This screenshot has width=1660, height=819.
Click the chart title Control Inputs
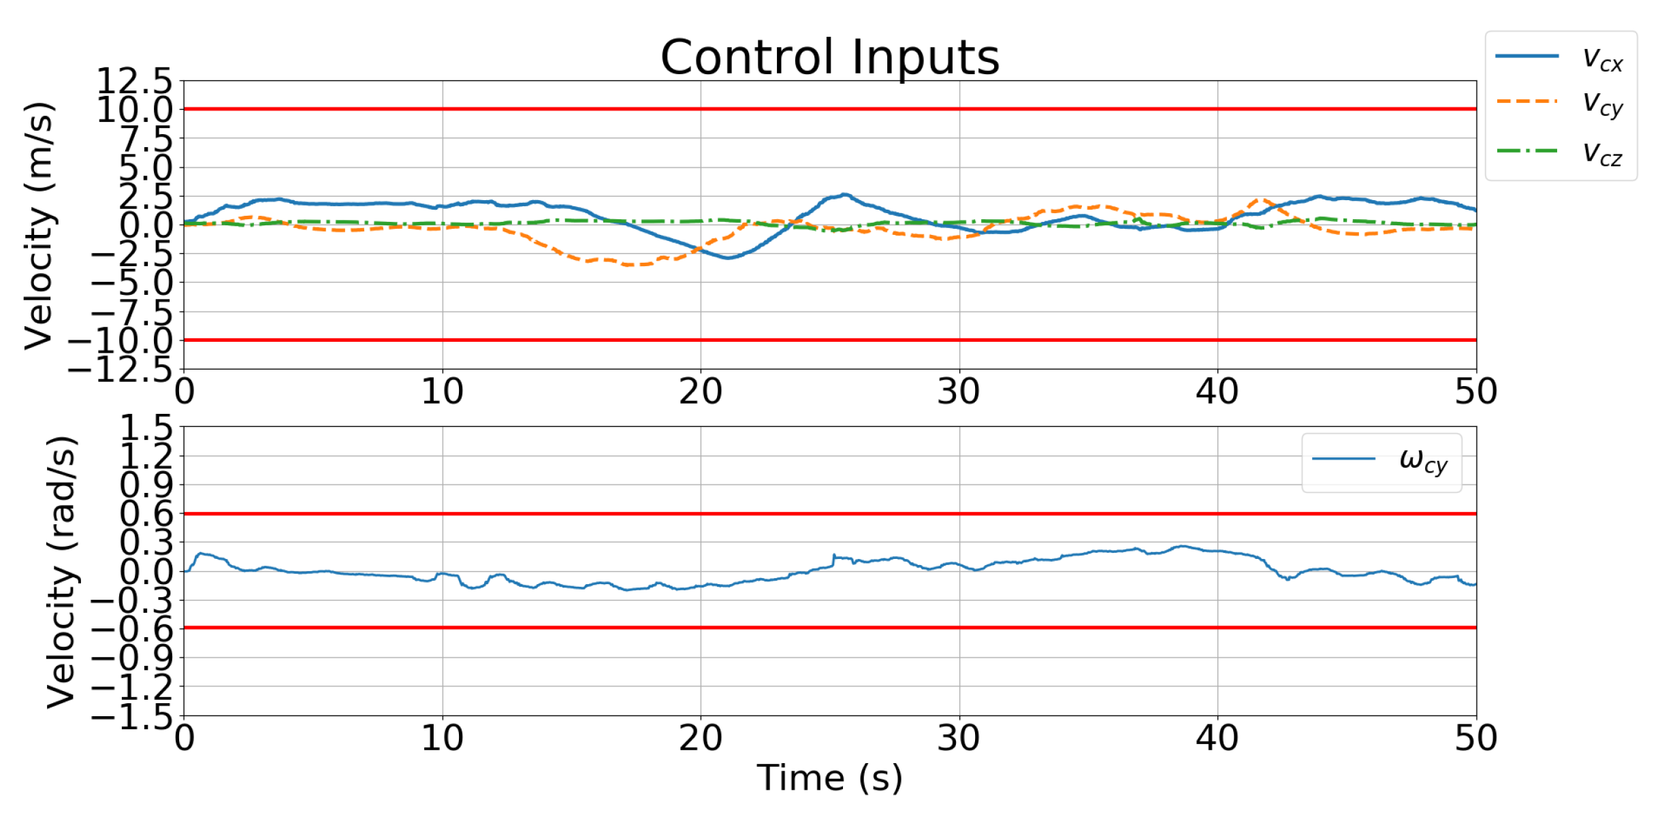(x=829, y=57)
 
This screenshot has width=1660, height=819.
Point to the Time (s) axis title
(x=829, y=777)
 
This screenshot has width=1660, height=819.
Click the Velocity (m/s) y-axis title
(x=39, y=225)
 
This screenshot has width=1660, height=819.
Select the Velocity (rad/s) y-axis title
(x=61, y=572)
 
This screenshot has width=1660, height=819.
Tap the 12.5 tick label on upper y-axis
(x=135, y=82)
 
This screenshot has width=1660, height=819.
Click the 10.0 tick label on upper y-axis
(x=135, y=110)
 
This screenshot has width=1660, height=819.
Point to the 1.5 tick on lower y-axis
(x=146, y=429)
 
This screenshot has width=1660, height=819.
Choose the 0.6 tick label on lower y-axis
(x=146, y=514)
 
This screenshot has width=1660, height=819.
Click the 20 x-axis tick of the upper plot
(x=700, y=392)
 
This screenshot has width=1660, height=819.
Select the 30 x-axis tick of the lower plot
(x=959, y=738)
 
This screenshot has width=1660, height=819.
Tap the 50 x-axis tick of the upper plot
(x=1475, y=392)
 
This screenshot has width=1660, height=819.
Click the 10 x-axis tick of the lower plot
(x=442, y=738)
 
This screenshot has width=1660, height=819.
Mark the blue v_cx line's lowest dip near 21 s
(x=727, y=257)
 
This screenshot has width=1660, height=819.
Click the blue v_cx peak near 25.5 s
(x=844, y=195)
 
